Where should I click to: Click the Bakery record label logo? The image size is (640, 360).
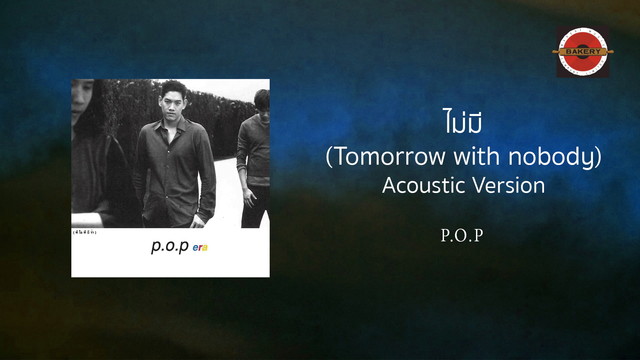click(x=584, y=52)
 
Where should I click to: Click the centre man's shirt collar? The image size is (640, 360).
click(x=172, y=124)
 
